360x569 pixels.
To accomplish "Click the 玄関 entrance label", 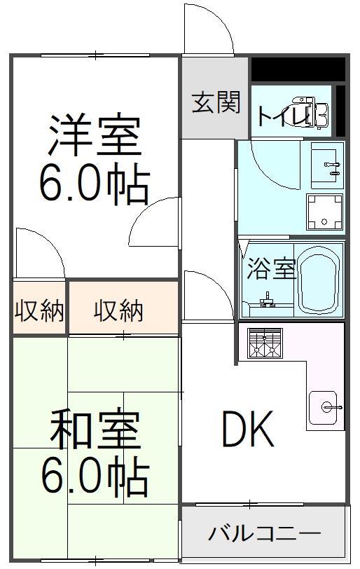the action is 216,102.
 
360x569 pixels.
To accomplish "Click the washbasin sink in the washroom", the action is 327,165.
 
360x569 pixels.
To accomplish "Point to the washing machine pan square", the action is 324,212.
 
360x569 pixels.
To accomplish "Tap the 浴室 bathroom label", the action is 271,269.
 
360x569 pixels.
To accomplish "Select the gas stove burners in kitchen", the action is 265,343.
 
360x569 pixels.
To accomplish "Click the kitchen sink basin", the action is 324,408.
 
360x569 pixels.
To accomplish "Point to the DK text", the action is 248,430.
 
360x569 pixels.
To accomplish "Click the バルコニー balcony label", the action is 265,534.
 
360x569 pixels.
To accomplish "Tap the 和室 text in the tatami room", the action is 95,429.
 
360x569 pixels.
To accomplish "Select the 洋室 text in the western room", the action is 95,135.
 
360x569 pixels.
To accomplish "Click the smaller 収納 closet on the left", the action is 39,310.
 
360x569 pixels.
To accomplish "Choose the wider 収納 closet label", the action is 119,310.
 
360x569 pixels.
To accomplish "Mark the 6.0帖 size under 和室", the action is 95,477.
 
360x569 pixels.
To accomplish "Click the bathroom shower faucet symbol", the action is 267,299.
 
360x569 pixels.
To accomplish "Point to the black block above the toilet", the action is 298,69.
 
